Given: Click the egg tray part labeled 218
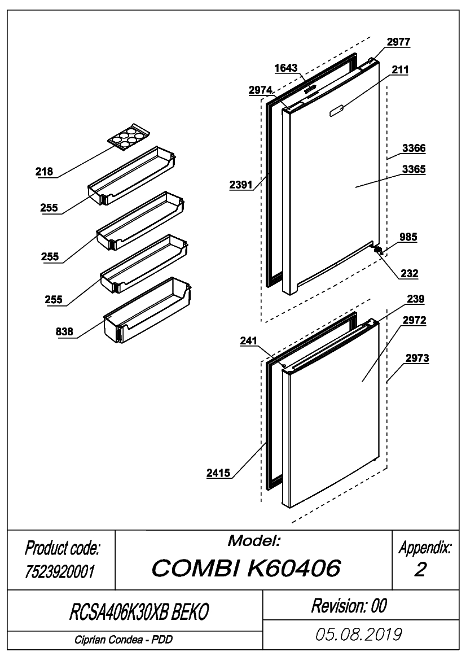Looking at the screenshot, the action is tap(129, 137).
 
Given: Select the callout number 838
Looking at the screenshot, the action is tap(64, 331).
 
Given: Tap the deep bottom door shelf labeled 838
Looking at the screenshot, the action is tap(147, 309).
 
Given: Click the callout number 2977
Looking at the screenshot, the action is tap(398, 42).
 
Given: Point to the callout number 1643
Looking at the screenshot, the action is tap(286, 68).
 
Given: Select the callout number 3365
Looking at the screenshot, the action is tap(414, 169).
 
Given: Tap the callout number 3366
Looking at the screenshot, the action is tap(414, 148).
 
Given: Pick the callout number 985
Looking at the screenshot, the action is tap(408, 237).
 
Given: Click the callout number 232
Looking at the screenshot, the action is tap(409, 274).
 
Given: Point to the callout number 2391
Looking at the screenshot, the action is tap(241, 185).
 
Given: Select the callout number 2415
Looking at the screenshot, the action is tap(218, 473).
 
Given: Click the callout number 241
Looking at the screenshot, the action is tap(248, 340).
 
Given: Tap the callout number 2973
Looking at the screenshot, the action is tap(417, 358).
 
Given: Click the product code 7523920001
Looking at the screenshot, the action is tap(60, 571).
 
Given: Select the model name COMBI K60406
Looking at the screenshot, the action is tap(246, 568).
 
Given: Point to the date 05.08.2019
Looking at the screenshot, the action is tap(359, 635).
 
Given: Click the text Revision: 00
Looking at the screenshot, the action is tap(349, 606).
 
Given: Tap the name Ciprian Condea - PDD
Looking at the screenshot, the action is tap(124, 640).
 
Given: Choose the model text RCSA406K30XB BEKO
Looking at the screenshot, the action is tap(139, 611).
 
